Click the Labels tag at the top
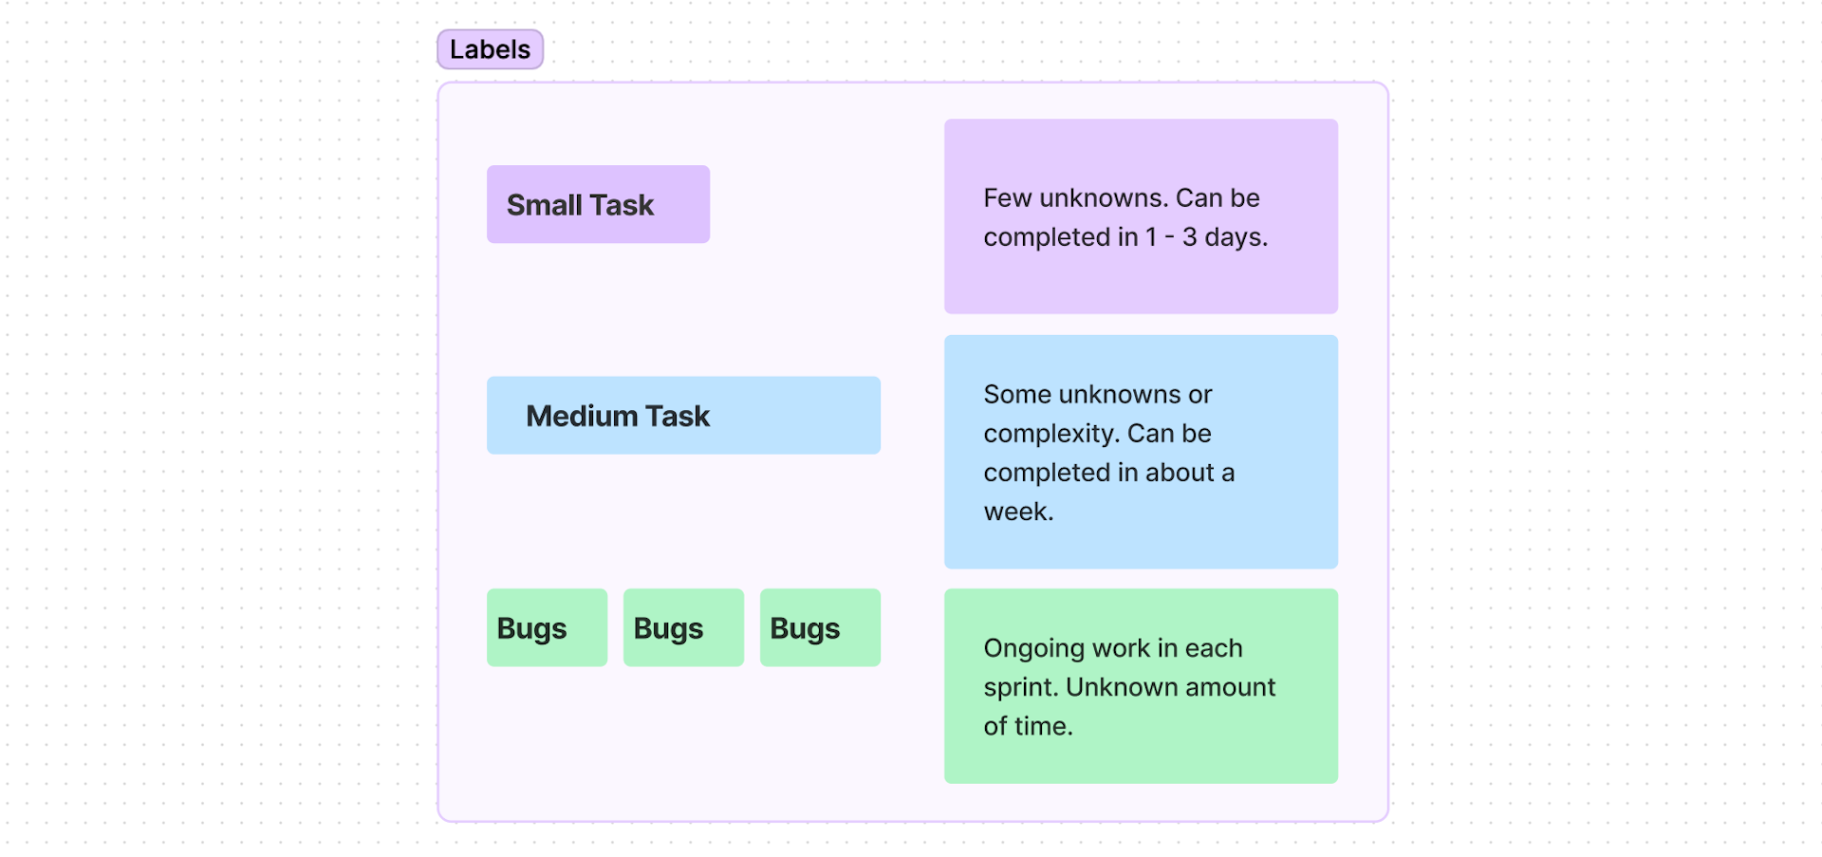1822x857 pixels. [490, 49]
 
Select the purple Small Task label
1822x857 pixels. [598, 204]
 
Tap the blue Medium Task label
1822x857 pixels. [683, 416]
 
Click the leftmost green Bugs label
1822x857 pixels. [547, 627]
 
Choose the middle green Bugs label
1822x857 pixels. [683, 627]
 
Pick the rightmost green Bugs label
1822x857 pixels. [820, 627]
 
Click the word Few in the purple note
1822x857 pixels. [1007, 197]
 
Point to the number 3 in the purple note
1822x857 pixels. [1189, 236]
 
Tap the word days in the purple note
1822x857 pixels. [1235, 236]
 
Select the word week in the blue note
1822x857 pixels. [1017, 512]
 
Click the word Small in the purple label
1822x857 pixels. [544, 205]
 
